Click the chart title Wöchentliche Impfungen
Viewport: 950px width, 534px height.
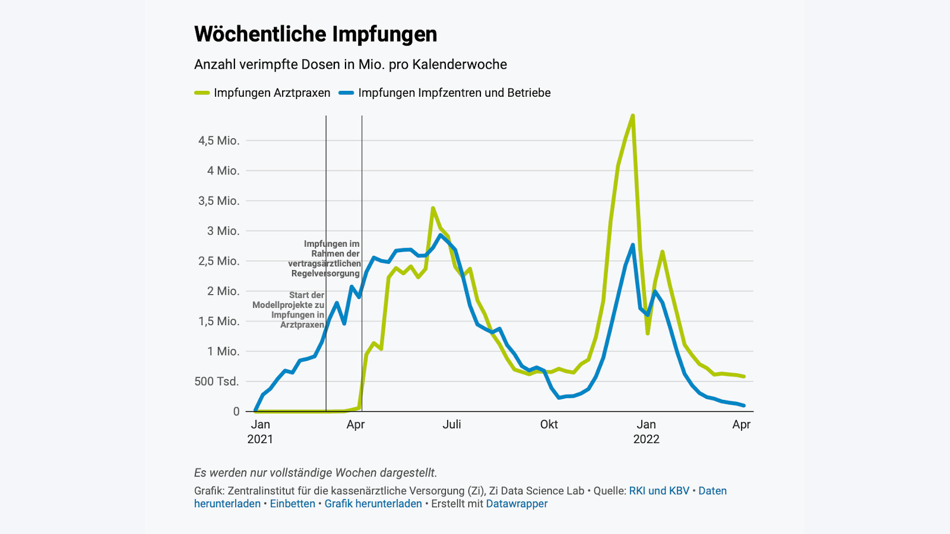click(x=315, y=34)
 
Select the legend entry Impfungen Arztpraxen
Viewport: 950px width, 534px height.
click(x=271, y=93)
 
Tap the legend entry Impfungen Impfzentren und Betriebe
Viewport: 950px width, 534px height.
click(x=454, y=93)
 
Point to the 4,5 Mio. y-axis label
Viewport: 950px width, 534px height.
click(x=219, y=141)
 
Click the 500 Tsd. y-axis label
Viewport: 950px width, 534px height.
click(x=217, y=382)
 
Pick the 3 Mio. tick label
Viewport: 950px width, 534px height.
click(x=223, y=231)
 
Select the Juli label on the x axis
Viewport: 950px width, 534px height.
click(x=452, y=424)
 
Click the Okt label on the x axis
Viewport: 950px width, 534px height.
click(x=549, y=424)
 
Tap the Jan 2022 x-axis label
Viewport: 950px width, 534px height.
click(x=646, y=431)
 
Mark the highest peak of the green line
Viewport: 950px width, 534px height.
click(x=633, y=116)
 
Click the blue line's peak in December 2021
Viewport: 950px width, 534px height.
click(x=633, y=244)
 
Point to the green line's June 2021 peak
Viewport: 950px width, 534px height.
click(x=433, y=208)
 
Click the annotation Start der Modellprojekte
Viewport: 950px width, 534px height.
click(x=289, y=310)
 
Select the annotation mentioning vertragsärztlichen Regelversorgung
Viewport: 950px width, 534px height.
click(x=325, y=259)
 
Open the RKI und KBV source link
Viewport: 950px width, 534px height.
click(x=659, y=491)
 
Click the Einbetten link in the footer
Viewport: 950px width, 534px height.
click(x=293, y=504)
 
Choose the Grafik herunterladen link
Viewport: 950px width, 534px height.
click(x=373, y=504)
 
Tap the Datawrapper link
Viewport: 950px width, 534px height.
click(x=517, y=504)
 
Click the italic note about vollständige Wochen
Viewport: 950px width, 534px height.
click(x=315, y=473)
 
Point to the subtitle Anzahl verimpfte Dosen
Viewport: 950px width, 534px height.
click(x=350, y=65)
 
